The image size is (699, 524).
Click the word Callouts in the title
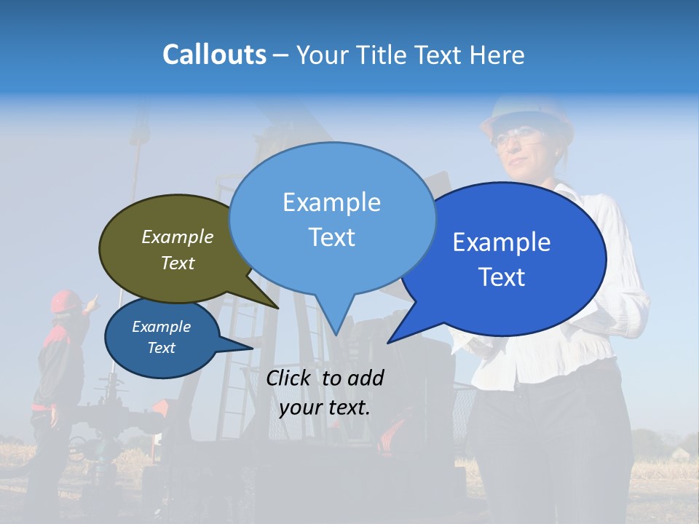click(214, 55)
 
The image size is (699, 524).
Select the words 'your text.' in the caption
click(325, 408)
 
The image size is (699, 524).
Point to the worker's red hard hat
click(66, 300)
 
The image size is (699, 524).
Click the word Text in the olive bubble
click(178, 263)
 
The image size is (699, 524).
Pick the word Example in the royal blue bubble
click(502, 242)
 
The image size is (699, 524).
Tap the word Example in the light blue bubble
click(332, 202)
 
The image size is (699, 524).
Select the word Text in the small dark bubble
click(162, 348)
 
